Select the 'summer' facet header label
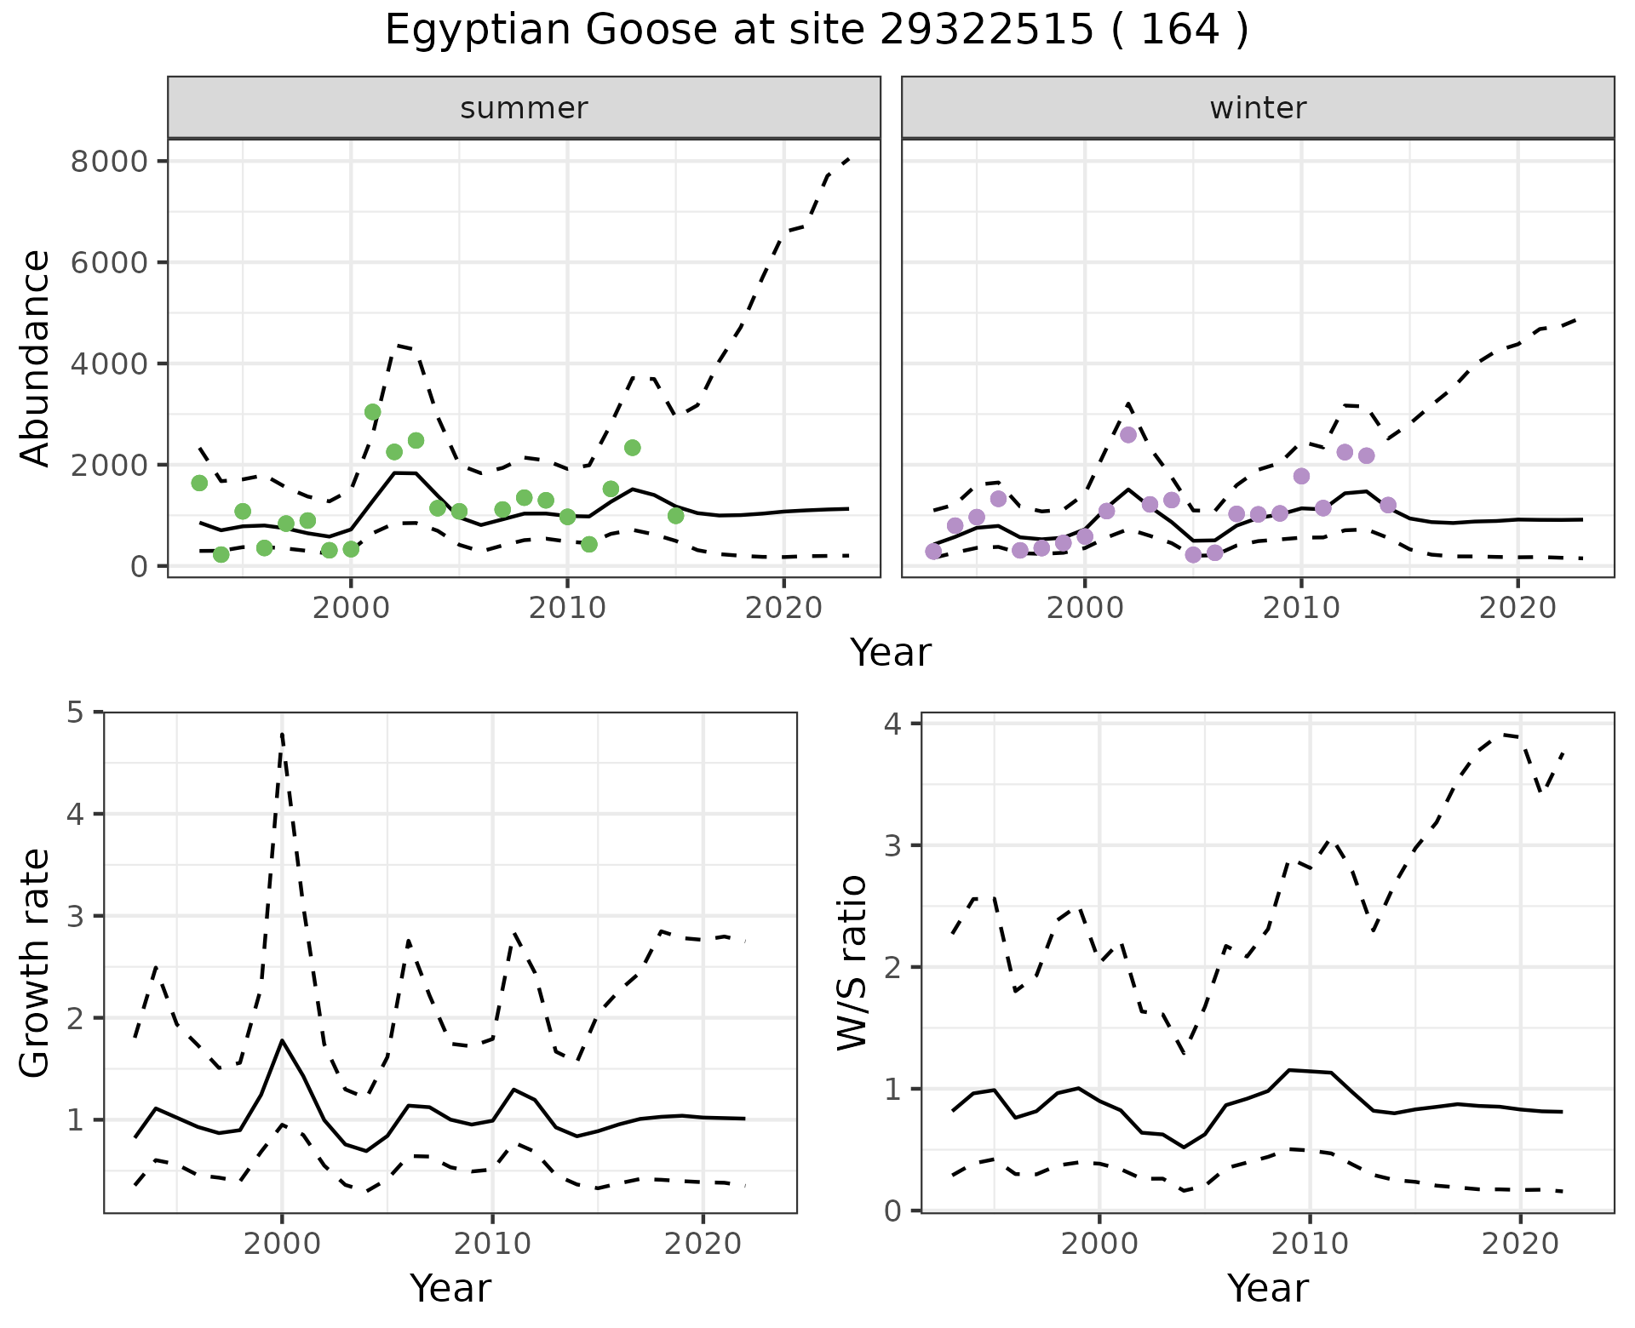click(x=524, y=108)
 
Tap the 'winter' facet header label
click(x=1258, y=108)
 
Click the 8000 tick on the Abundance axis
click(x=109, y=162)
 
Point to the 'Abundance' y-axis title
click(x=36, y=358)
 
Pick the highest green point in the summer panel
click(x=372, y=412)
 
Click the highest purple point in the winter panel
click(x=1128, y=435)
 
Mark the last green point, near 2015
click(x=676, y=516)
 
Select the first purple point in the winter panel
click(x=933, y=552)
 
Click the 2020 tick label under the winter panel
click(x=1517, y=608)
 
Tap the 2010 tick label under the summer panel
click(x=566, y=608)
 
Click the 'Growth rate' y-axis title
click(x=36, y=964)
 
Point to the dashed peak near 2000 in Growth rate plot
click(x=282, y=733)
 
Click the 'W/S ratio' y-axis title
click(x=852, y=962)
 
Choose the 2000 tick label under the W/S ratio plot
click(x=1099, y=1244)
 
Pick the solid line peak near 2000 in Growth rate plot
click(x=282, y=1040)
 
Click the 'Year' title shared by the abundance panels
click(x=891, y=653)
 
